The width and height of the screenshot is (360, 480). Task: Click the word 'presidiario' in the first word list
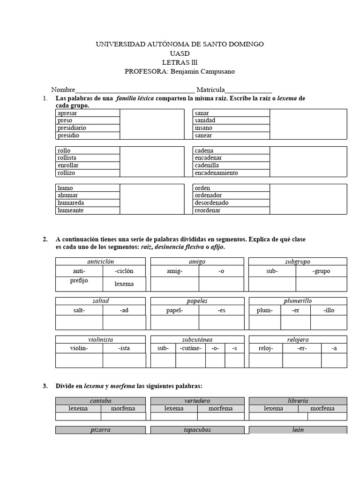72,128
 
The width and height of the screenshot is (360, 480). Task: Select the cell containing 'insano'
203,128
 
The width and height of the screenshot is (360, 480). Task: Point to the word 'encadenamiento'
216,173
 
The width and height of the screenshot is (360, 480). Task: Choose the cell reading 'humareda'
71,203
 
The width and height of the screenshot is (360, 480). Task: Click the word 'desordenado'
211,203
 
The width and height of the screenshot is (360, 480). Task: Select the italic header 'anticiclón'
100,262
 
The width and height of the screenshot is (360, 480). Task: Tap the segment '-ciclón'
124,271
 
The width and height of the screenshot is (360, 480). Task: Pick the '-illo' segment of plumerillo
329,310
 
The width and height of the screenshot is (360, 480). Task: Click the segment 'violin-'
79,348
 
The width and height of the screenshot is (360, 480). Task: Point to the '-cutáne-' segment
190,348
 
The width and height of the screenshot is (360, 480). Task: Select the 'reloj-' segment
265,348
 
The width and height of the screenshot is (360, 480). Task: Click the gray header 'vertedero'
197,401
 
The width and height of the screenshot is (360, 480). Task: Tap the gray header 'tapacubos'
197,430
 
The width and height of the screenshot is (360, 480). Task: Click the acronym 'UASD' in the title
180,53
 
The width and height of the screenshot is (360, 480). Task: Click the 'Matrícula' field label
211,90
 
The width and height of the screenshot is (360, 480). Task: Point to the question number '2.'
45,240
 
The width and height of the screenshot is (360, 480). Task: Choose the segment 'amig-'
174,271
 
